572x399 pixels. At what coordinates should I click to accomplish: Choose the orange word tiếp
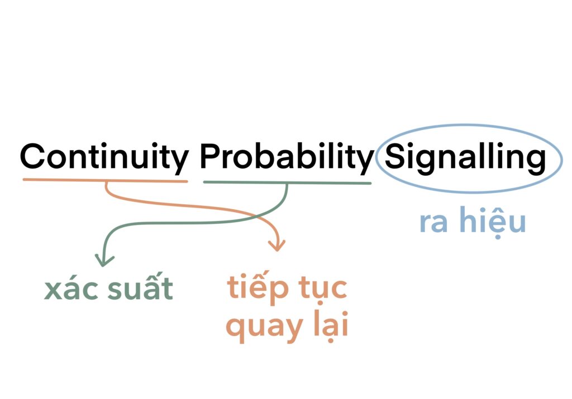(258, 287)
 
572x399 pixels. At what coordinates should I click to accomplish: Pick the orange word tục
(323, 290)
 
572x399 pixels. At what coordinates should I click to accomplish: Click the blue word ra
(433, 222)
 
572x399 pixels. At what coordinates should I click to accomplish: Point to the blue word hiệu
(493, 220)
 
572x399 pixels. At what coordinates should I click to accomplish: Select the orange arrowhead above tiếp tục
(277, 246)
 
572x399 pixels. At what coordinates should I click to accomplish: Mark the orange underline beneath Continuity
(106, 180)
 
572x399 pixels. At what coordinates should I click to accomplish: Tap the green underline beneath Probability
(288, 182)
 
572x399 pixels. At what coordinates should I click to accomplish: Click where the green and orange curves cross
(256, 217)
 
